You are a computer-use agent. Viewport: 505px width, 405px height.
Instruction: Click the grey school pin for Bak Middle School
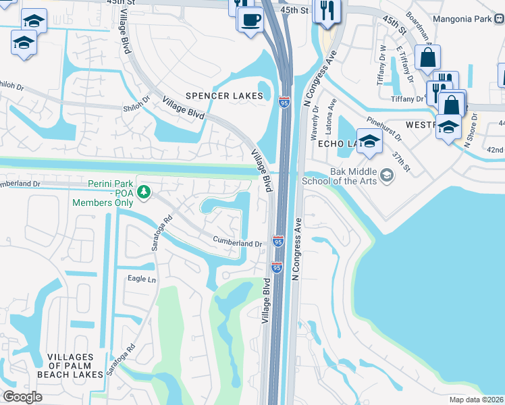(x=387, y=176)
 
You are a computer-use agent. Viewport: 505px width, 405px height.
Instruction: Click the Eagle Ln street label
(x=142, y=279)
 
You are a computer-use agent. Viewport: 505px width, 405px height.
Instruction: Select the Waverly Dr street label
(x=315, y=125)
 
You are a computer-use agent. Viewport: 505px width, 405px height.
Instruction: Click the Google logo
(x=23, y=397)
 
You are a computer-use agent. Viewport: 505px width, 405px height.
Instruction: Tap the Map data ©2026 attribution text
(x=476, y=400)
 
